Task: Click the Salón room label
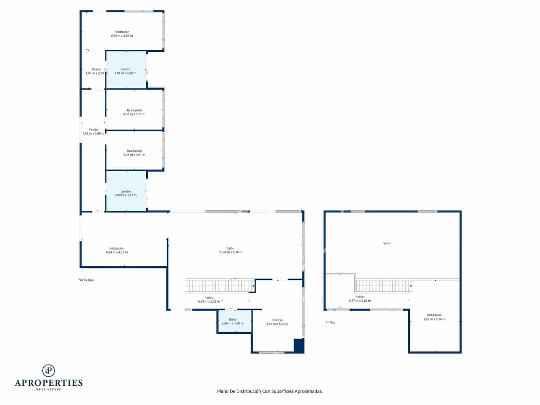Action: pos(230,248)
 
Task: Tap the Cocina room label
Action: pos(277,320)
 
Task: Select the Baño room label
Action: pos(233,319)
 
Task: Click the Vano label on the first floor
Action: pos(387,243)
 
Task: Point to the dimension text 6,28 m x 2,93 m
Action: pos(121,36)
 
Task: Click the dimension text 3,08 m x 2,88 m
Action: pos(125,73)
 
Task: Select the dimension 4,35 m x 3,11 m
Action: pos(134,115)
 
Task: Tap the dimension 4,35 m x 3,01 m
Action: pos(134,155)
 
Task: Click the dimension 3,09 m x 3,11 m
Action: pos(125,196)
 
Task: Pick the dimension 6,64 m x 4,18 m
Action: pos(116,253)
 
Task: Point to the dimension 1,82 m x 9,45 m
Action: pos(93,133)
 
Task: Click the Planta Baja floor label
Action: pos(86,280)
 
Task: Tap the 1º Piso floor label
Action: pos(331,322)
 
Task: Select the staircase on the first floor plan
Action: pos(383,286)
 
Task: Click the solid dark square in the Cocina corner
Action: pos(299,346)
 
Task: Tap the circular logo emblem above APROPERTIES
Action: pos(49,371)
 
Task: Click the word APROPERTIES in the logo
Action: pos(49,383)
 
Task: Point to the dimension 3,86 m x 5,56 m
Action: pos(434,319)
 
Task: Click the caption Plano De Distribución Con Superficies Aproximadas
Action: pos(270,391)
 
